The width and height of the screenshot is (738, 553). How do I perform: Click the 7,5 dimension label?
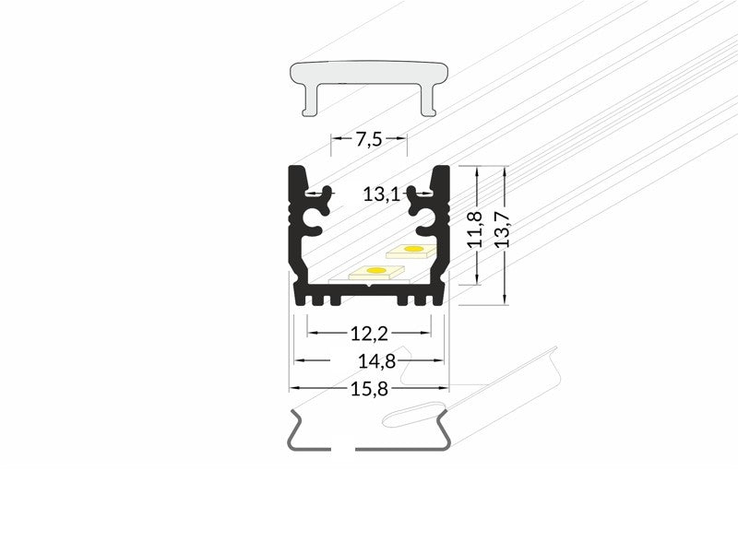tap(368, 139)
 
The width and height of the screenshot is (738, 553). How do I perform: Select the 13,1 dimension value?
tap(381, 194)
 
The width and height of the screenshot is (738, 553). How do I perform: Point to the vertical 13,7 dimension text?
tap(502, 229)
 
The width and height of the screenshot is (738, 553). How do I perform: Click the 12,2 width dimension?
tap(369, 334)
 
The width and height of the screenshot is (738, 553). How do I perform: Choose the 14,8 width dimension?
tap(376, 361)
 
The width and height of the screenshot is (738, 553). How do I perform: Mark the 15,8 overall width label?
tap(369, 389)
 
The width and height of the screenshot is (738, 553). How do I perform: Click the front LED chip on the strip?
tap(376, 272)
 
